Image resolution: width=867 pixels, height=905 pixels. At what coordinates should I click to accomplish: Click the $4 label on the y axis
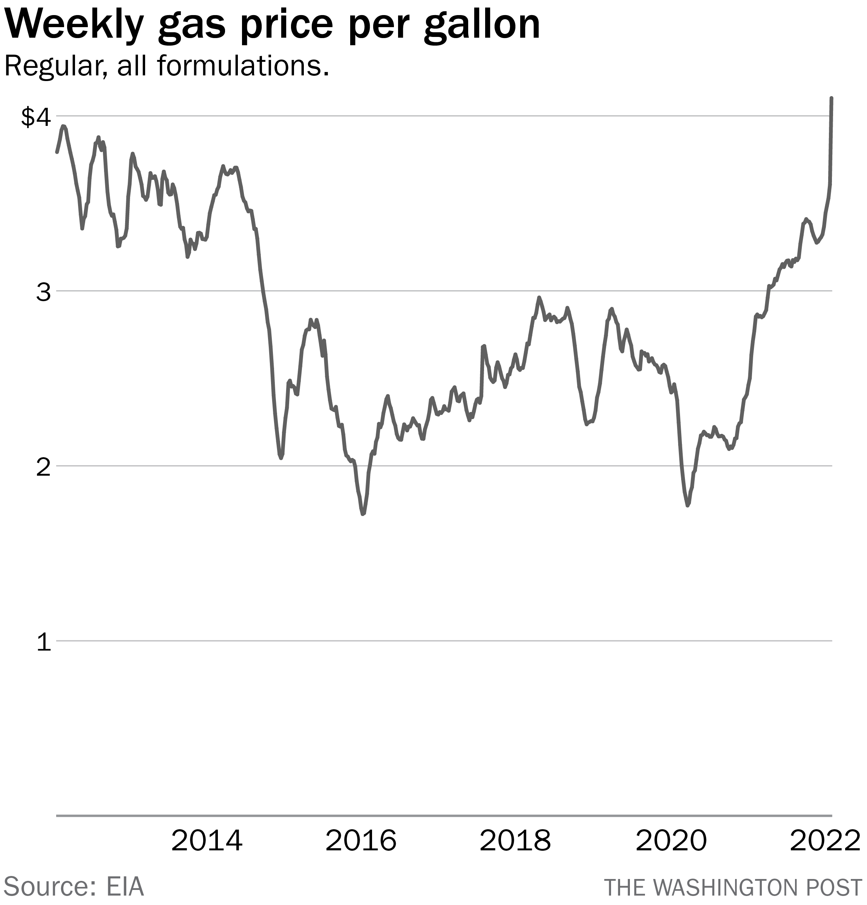pyautogui.click(x=35, y=117)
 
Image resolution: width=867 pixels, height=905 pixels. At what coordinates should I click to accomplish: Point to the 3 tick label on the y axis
pyautogui.click(x=43, y=292)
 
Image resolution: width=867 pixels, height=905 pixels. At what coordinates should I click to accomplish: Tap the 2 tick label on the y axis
pyautogui.click(x=43, y=467)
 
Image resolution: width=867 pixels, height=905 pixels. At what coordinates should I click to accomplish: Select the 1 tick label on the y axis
pyautogui.click(x=43, y=642)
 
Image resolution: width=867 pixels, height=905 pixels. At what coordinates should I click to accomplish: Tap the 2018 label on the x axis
pyautogui.click(x=515, y=841)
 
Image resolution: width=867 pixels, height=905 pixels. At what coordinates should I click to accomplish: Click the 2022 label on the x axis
pyautogui.click(x=824, y=841)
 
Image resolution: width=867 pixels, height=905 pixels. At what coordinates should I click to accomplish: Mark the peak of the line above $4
pyautogui.click(x=831, y=98)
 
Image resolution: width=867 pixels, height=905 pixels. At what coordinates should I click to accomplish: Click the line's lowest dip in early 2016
pyautogui.click(x=363, y=514)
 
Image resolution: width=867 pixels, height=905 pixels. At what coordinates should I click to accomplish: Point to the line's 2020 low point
pyautogui.click(x=688, y=505)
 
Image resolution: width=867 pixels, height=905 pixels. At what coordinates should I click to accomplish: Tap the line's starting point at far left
pyautogui.click(x=57, y=152)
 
